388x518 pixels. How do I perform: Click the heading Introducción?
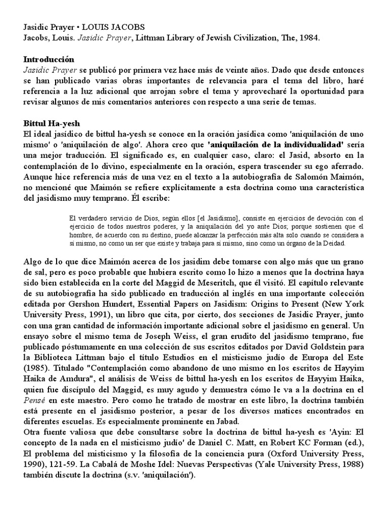[x=48, y=59]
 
